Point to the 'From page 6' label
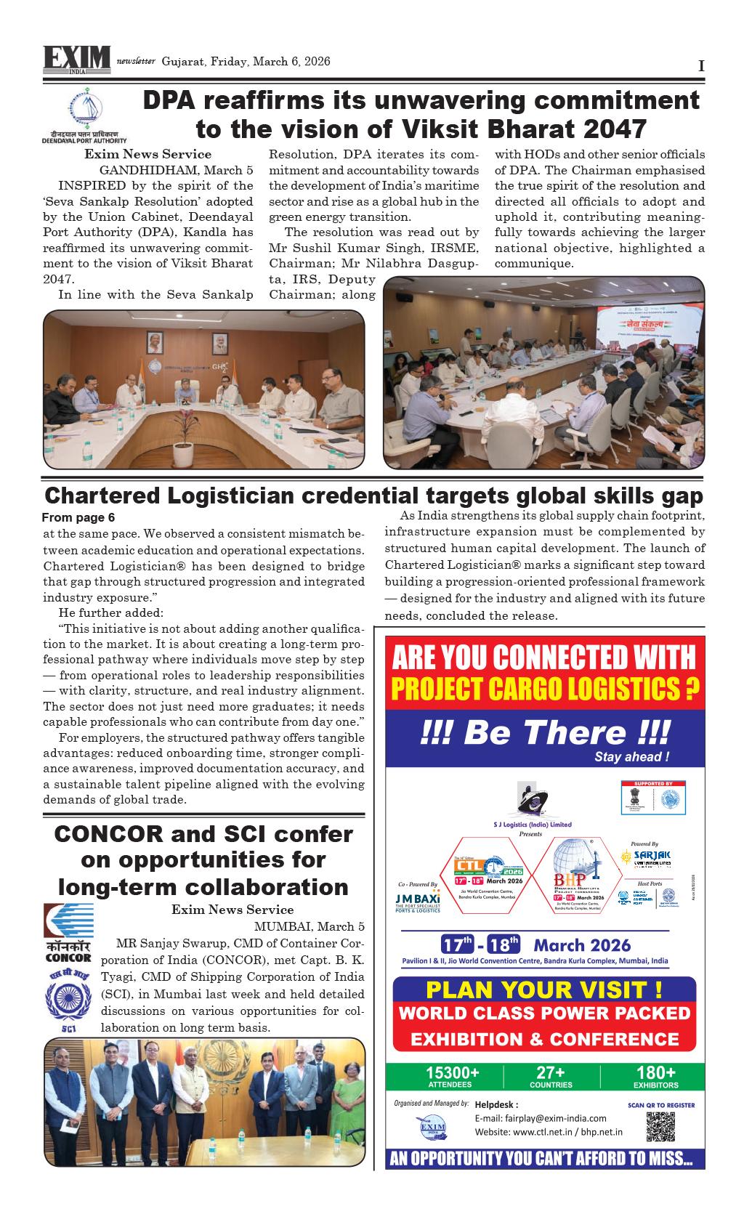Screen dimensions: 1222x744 point(78,518)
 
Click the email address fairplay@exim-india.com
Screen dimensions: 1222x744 point(540,1118)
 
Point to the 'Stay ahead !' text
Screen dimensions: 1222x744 point(631,757)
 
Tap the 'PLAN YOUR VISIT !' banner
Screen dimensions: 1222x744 point(543,990)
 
